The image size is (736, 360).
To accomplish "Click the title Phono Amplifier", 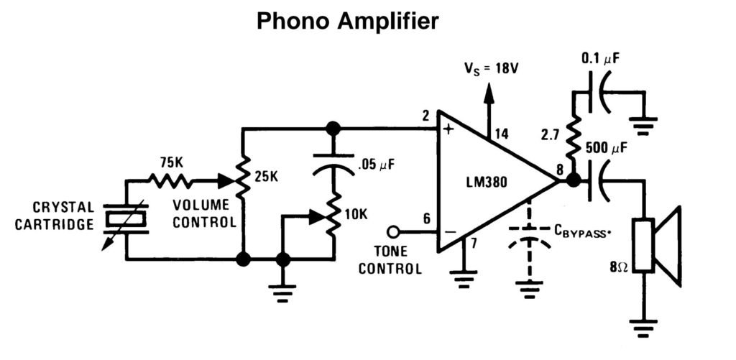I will coord(347,22).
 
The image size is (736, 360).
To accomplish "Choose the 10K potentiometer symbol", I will coord(333,214).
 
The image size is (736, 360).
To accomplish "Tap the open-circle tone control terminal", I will coord(392,232).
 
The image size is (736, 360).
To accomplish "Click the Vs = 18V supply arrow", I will coord(489,97).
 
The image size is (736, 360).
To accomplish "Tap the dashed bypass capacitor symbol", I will coord(530,236).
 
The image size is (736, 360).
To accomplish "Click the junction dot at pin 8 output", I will coord(574,180).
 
